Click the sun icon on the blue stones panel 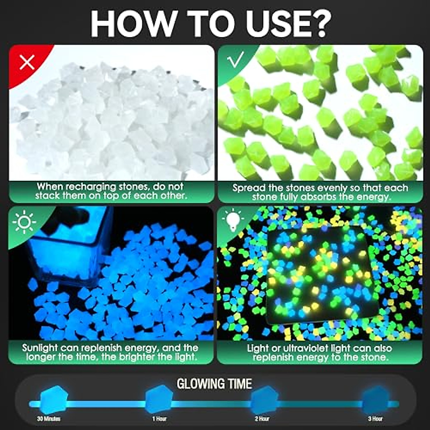pos(24,223)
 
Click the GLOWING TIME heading pos(214,384)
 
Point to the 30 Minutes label pos(49,419)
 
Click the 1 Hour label pos(159,419)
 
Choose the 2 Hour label pos(262,419)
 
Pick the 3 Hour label pos(375,419)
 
